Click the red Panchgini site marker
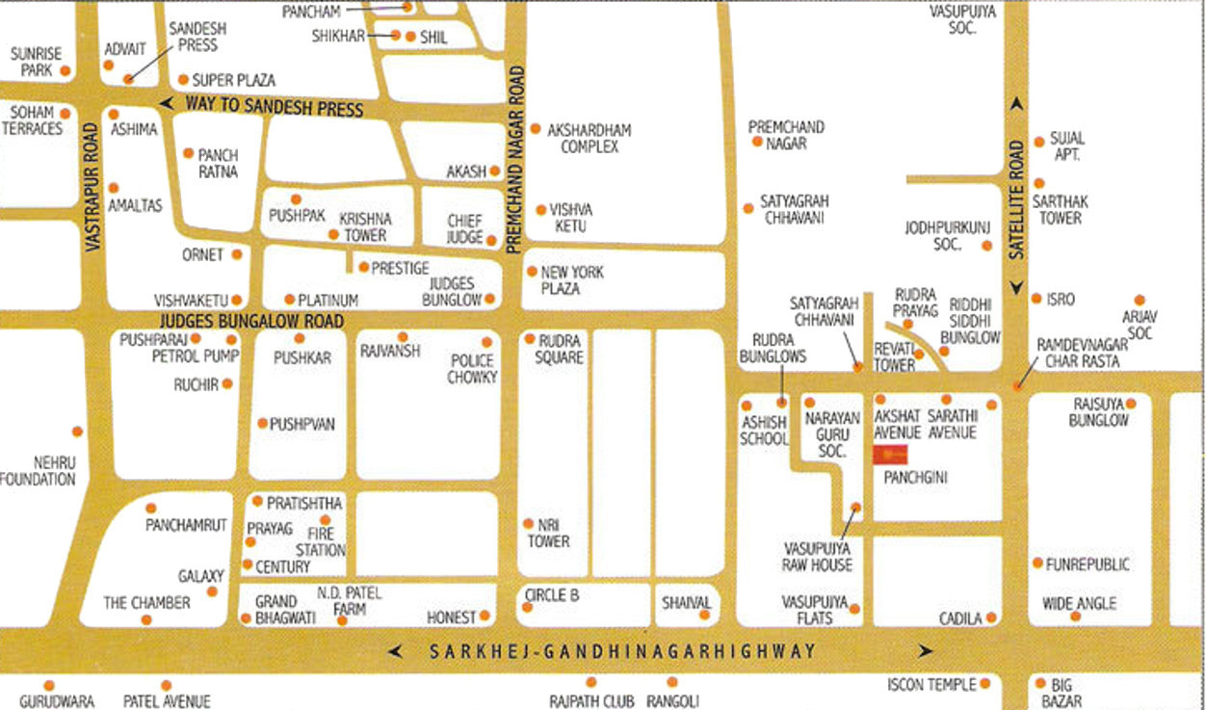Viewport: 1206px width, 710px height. coord(891,455)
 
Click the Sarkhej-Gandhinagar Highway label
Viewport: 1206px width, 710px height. coord(622,652)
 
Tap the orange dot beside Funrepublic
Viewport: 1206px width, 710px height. coord(1037,563)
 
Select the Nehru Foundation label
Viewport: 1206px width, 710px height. coord(39,471)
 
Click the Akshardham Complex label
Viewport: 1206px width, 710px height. coord(590,138)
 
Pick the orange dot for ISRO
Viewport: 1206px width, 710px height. coord(1037,299)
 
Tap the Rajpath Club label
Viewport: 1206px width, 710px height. coord(591,701)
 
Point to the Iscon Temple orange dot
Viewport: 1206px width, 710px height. coord(985,684)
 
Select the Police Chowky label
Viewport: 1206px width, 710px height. coord(472,368)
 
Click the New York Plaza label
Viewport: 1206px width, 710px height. coord(572,280)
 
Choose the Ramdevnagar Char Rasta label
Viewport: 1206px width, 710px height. coord(1078,353)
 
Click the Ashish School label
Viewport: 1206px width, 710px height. coord(764,431)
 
